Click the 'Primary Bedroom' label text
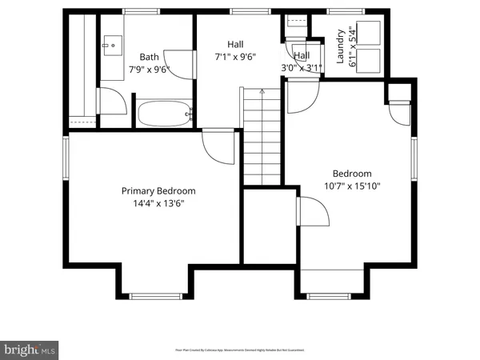[158, 191]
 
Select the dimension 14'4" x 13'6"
[158, 204]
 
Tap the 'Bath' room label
[149, 57]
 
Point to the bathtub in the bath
[164, 114]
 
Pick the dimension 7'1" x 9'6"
[234, 57]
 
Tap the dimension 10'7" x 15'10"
[352, 186]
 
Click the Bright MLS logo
[30, 350]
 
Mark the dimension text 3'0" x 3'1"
[302, 68]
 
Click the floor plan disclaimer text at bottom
[240, 350]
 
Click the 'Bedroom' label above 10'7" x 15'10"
[352, 174]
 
